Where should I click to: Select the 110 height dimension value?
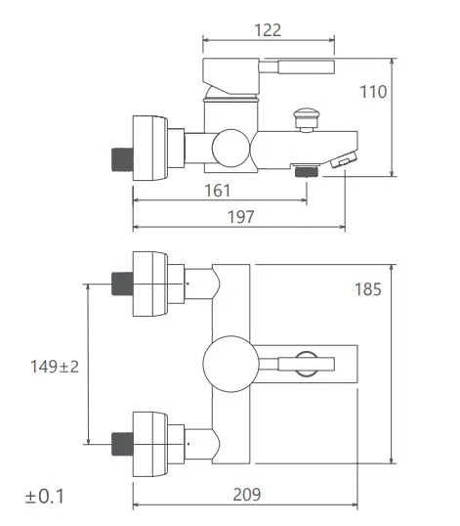(x=374, y=92)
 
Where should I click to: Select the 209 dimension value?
(x=248, y=495)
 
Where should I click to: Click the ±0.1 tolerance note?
(x=44, y=496)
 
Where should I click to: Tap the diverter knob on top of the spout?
(x=307, y=121)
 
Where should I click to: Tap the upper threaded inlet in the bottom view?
(x=121, y=284)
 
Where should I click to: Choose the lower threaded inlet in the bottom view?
(x=121, y=445)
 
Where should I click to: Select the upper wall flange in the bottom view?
(x=151, y=284)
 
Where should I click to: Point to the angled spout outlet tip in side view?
(x=343, y=159)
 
